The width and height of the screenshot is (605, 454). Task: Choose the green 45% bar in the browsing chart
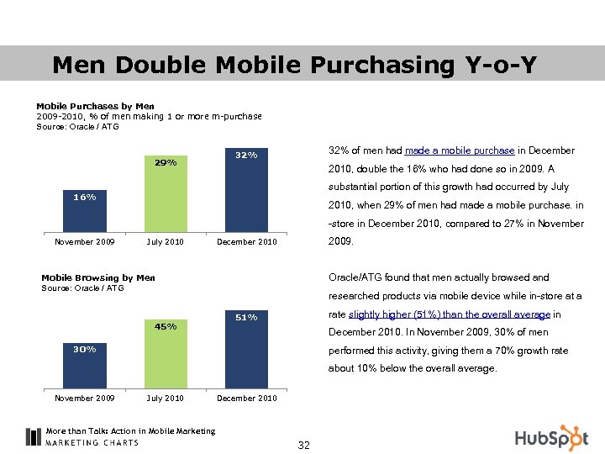[x=166, y=354]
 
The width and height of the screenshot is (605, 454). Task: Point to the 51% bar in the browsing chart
[x=246, y=350]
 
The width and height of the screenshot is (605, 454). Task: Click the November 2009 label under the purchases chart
[x=84, y=242]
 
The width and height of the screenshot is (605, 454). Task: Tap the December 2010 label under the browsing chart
[x=246, y=399]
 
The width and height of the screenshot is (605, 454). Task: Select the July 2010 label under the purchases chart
[x=166, y=242]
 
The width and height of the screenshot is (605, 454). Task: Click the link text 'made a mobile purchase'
[x=460, y=150]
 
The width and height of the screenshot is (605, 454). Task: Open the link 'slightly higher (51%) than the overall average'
[x=449, y=314]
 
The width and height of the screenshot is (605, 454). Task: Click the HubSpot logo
[x=551, y=437]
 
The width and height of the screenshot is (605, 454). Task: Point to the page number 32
[x=304, y=445]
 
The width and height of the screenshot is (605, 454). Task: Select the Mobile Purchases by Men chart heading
[x=95, y=106]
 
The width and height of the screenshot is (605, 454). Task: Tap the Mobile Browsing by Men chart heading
[x=98, y=277]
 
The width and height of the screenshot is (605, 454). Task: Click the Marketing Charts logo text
[x=92, y=442]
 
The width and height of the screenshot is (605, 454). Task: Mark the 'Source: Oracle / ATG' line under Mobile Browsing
[x=82, y=288]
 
